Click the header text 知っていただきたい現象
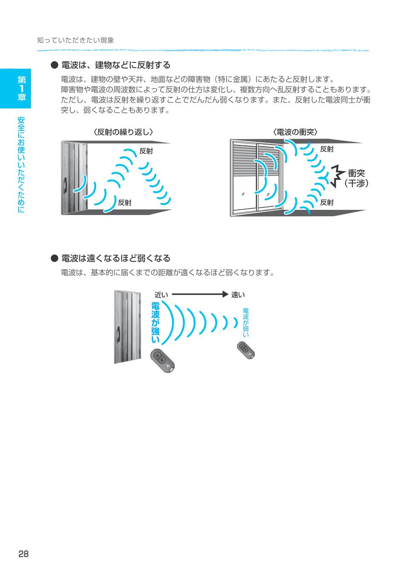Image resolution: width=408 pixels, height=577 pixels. tap(76, 40)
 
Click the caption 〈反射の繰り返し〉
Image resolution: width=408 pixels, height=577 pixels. tap(123, 132)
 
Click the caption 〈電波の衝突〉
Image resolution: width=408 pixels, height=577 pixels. tap(295, 132)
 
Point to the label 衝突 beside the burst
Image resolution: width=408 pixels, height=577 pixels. tap(356, 173)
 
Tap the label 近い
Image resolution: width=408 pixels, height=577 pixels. tap(161, 295)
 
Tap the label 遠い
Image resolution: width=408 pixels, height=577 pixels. tap(238, 295)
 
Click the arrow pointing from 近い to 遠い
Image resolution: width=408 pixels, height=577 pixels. tap(200, 294)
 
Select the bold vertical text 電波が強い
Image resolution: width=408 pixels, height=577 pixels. tap(155, 323)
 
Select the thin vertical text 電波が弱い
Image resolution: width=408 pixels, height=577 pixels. tap(246, 322)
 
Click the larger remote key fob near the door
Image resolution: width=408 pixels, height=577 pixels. tap(162, 361)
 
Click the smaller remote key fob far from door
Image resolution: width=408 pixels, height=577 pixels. tap(246, 350)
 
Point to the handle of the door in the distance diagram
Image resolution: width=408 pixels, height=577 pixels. tap(119, 334)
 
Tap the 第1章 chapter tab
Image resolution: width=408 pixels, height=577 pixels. tap(15, 88)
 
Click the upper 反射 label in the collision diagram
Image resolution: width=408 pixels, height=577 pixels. tap(326, 149)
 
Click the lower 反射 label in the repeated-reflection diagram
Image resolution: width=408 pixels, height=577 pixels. tap(125, 203)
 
